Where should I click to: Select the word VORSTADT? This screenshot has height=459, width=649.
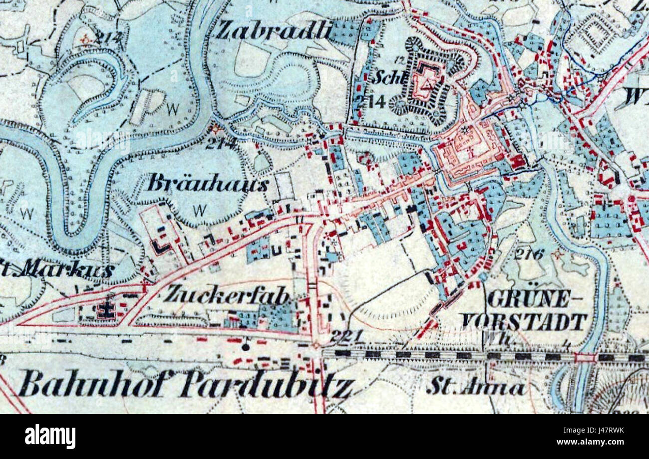(x=524, y=322)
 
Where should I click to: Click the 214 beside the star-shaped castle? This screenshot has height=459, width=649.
(x=370, y=102)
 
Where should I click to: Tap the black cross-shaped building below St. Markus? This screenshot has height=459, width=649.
(x=106, y=310)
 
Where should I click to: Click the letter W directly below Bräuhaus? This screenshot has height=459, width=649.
(x=199, y=211)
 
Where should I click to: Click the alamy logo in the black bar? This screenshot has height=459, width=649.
(x=50, y=437)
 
